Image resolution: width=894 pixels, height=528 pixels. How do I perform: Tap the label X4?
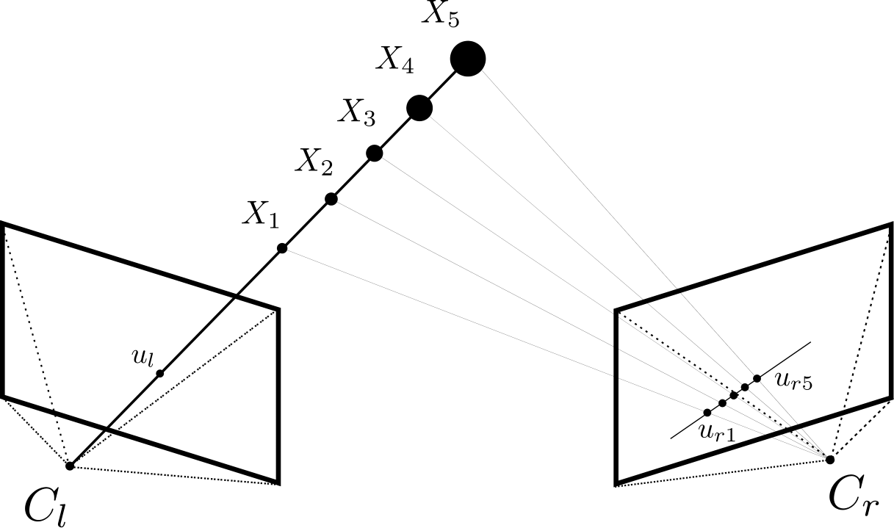pos(394,62)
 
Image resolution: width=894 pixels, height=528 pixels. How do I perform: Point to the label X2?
pos(314,161)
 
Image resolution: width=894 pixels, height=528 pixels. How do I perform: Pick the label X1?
pos(262,214)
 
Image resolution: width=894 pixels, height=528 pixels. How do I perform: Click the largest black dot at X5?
pos(467,59)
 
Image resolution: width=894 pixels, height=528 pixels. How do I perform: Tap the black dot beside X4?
pos(419,108)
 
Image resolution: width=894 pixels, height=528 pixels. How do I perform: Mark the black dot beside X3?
pos(374,153)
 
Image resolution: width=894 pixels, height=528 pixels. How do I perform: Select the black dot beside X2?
pos(331,199)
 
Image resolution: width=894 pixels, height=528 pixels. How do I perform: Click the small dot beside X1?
pos(282,248)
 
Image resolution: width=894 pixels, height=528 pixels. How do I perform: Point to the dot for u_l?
pos(160,373)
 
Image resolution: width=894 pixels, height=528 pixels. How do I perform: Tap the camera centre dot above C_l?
pos(70,466)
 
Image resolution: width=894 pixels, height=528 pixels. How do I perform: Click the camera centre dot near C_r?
pos(830,460)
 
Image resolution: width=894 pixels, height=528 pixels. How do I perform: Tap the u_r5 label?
pos(793,381)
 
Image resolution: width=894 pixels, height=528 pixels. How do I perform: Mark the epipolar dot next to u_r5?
pos(757,378)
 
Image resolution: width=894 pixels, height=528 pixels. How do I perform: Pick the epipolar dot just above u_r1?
pos(707,413)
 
